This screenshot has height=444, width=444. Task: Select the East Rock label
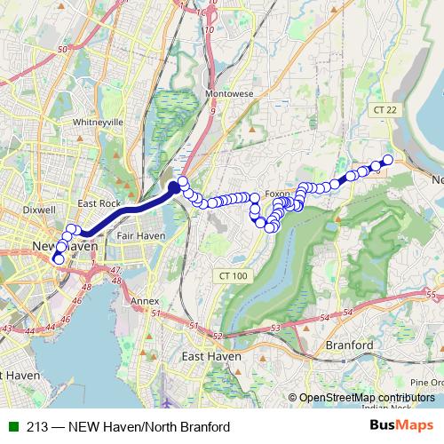coord(99,203)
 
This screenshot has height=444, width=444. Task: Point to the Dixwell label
coord(40,210)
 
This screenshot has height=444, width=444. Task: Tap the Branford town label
coord(348,345)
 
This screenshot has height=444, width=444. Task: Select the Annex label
coord(145,302)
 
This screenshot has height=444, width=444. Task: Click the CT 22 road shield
coord(384,108)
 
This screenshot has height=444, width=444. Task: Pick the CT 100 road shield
coord(234,276)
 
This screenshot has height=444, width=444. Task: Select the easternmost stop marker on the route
coord(387,160)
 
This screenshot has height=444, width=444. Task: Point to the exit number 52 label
coord(218,336)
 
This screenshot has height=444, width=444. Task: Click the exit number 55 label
coord(431,294)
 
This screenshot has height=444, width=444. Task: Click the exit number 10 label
coord(210,29)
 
